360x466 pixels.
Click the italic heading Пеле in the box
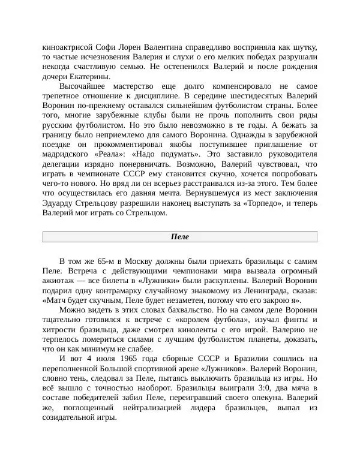pyautogui.click(x=179, y=237)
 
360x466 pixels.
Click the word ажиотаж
pyautogui.click(x=58, y=281)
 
